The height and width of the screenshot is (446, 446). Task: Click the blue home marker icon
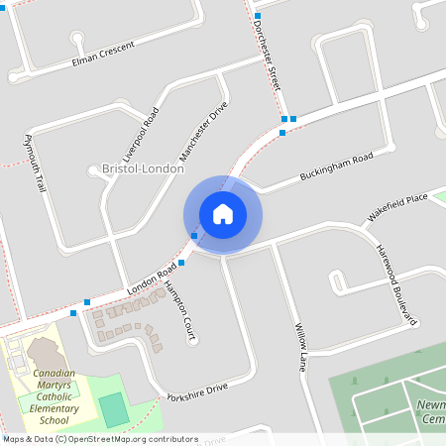(x=222, y=213)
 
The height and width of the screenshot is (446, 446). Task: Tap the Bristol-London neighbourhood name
(x=143, y=169)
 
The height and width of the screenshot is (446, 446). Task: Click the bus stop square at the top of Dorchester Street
(x=257, y=16)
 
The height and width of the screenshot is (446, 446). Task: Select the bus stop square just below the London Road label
(x=182, y=263)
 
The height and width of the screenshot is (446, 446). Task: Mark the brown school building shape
(x=44, y=351)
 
